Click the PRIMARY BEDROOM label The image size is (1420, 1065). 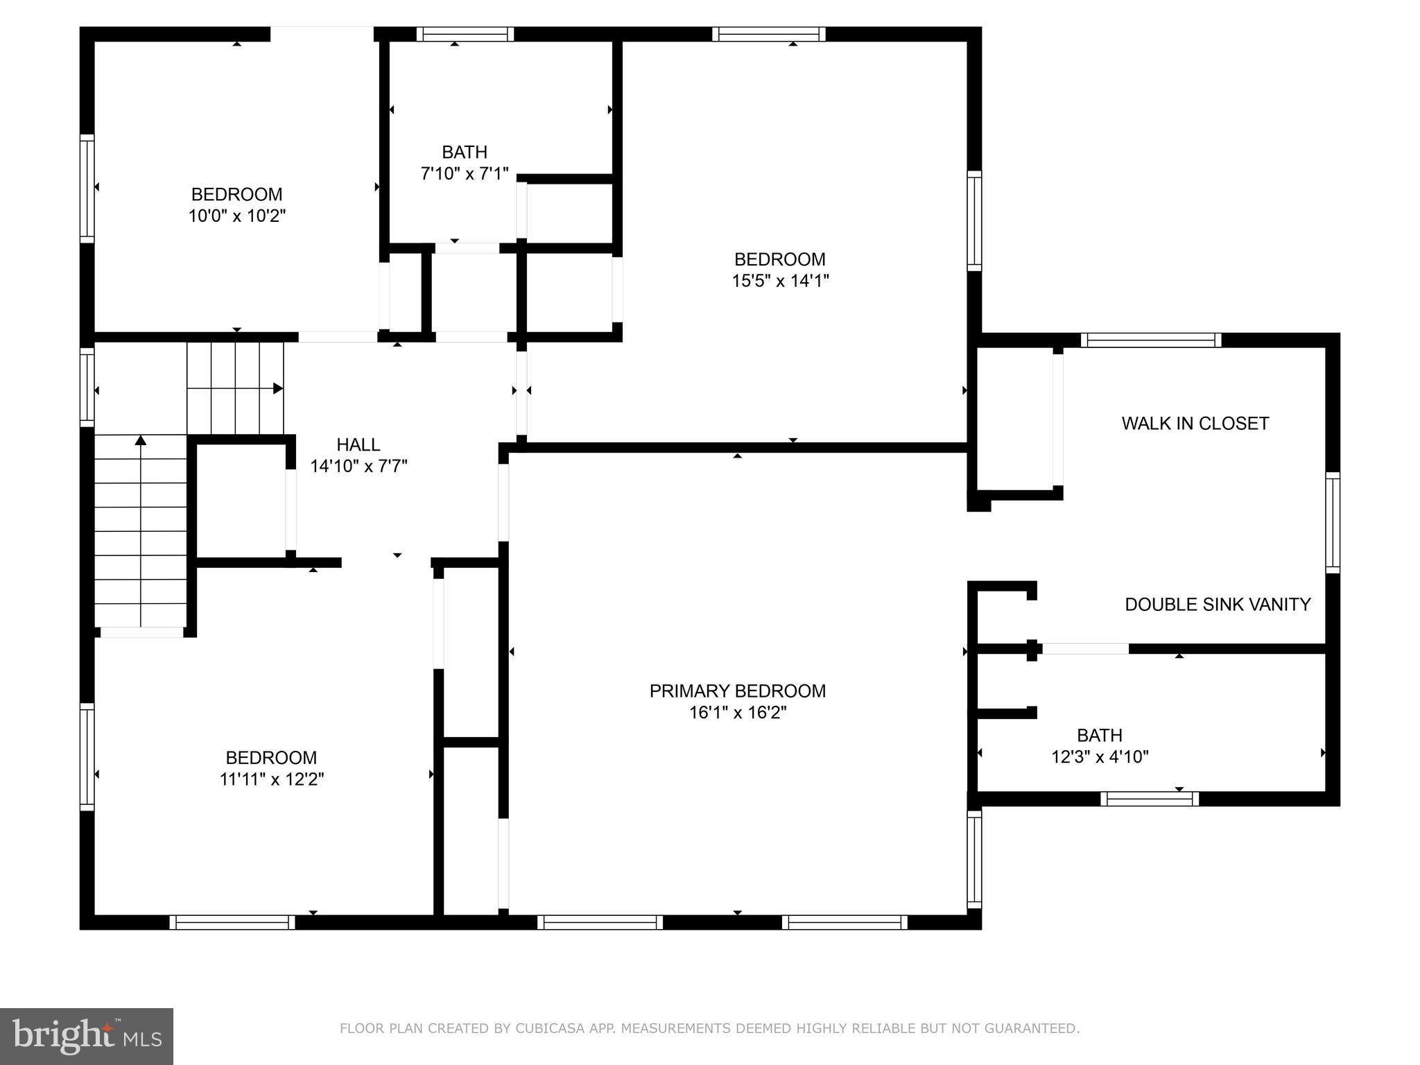click(x=737, y=691)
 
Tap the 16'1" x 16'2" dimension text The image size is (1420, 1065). click(x=737, y=713)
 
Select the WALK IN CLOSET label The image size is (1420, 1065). click(x=1195, y=423)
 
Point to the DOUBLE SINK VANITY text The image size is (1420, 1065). click(x=1217, y=605)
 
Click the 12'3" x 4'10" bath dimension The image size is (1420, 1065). click(x=1100, y=756)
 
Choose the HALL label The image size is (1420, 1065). click(x=358, y=444)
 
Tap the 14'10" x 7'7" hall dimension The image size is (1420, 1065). click(x=358, y=466)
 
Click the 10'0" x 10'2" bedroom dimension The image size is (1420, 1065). click(x=237, y=216)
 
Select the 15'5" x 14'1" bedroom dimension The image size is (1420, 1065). click(x=780, y=281)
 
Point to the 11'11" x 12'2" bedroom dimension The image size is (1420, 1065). click(x=272, y=779)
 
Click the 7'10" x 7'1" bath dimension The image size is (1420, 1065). click(x=465, y=173)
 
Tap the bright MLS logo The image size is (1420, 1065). click(x=87, y=1037)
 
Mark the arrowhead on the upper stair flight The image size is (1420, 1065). click(x=278, y=388)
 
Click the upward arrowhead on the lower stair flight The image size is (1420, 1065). click(x=141, y=440)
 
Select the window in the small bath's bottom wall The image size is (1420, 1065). click(x=1149, y=799)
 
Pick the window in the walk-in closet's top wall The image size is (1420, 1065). click(x=1150, y=340)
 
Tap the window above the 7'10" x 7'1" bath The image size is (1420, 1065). click(x=465, y=34)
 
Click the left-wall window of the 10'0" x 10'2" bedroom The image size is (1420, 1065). click(x=87, y=189)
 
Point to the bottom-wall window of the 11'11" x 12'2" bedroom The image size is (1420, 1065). click(x=232, y=922)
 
